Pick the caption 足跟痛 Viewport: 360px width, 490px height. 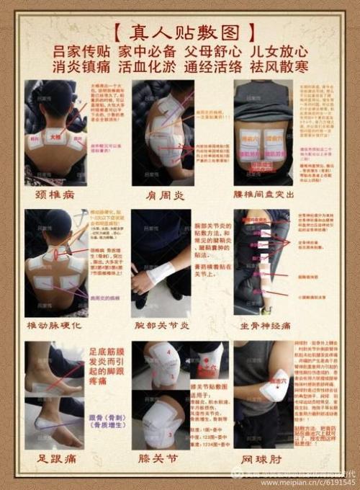tap(56, 457)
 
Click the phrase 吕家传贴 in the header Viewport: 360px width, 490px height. tap(81, 52)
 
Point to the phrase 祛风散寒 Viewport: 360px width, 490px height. tap(279, 67)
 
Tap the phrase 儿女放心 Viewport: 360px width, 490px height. tap(279, 52)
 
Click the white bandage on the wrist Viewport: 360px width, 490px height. tap(161, 272)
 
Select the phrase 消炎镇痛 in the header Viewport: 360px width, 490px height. tap(81, 67)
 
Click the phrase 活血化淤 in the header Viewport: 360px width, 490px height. tap(148, 67)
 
